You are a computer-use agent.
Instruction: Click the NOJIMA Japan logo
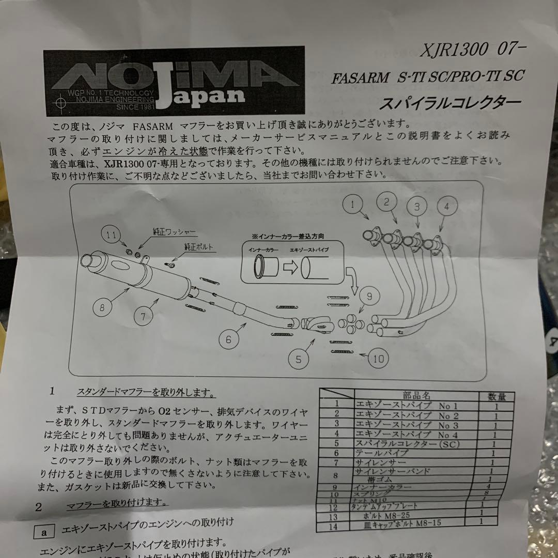(x=174, y=83)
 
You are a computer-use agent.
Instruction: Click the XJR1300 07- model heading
(x=472, y=49)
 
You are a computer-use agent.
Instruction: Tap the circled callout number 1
(x=353, y=205)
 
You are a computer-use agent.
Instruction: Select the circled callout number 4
(x=447, y=207)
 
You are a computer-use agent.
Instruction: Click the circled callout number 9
(x=369, y=297)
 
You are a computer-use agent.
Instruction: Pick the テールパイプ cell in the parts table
(x=380, y=453)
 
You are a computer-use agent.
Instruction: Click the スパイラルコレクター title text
(x=450, y=102)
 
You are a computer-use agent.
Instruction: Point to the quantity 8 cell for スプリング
(x=486, y=493)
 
